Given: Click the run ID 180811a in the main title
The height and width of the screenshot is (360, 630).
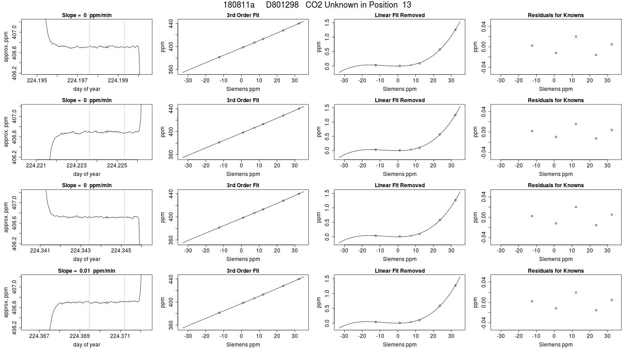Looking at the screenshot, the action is point(239,5).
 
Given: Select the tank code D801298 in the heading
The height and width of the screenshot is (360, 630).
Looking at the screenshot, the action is point(282,5).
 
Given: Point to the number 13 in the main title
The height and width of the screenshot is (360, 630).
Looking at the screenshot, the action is point(407,5).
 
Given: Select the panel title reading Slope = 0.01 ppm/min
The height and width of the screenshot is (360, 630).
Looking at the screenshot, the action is point(86,271).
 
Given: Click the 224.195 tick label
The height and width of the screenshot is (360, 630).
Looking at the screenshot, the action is point(37,81).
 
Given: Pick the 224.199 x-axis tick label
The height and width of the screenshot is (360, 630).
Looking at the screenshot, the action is point(118,81).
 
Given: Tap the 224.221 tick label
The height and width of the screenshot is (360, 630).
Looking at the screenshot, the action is point(36,166).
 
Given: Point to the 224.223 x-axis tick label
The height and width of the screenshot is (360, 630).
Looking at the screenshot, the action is point(76,166).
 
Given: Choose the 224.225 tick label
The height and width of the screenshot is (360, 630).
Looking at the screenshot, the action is point(117,166).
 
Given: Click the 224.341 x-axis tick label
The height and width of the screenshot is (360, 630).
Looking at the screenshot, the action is point(40,251).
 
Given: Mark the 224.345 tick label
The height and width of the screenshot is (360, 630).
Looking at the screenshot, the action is point(121,251).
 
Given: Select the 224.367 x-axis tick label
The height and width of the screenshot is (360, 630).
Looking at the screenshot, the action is point(39,337).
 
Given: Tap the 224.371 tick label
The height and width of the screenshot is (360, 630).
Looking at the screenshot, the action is point(120,337).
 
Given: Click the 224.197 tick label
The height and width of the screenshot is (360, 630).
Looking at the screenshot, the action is point(77,81).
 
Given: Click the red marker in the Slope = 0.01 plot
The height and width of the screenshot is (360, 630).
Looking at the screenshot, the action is point(107,302).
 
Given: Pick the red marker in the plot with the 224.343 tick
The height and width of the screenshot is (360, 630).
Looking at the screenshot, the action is point(107,217).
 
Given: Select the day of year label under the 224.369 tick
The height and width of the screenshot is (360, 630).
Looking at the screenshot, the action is point(86,345).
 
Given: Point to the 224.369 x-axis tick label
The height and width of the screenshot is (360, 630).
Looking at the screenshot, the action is point(80,337).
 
